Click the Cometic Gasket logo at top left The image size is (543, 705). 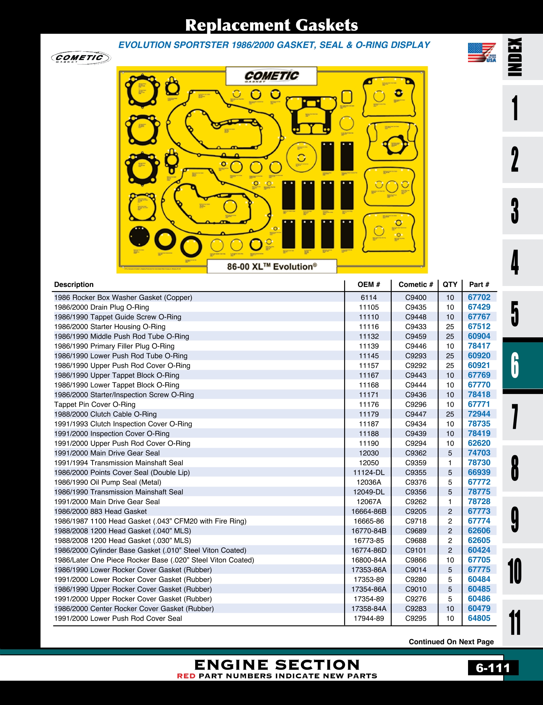click(81, 58)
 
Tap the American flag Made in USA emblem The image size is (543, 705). click(482, 53)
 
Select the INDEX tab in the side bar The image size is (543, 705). click(515, 57)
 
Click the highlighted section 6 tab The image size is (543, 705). click(515, 365)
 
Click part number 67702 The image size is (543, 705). click(479, 297)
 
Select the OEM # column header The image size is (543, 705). click(368, 285)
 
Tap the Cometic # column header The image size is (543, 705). click(416, 285)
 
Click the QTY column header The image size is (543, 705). click(450, 285)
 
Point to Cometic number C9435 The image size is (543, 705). click(416, 307)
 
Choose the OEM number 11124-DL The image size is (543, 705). click(369, 472)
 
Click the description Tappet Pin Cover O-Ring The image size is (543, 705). click(95, 404)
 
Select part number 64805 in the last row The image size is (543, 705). click(479, 618)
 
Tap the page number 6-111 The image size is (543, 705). click(493, 668)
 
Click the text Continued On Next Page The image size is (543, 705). click(451, 642)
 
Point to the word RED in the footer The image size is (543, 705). click(186, 676)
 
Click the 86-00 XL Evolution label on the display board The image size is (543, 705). click(272, 266)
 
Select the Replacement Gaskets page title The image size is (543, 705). click(271, 25)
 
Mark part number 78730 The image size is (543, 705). click(479, 463)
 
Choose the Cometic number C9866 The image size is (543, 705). click(416, 560)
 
